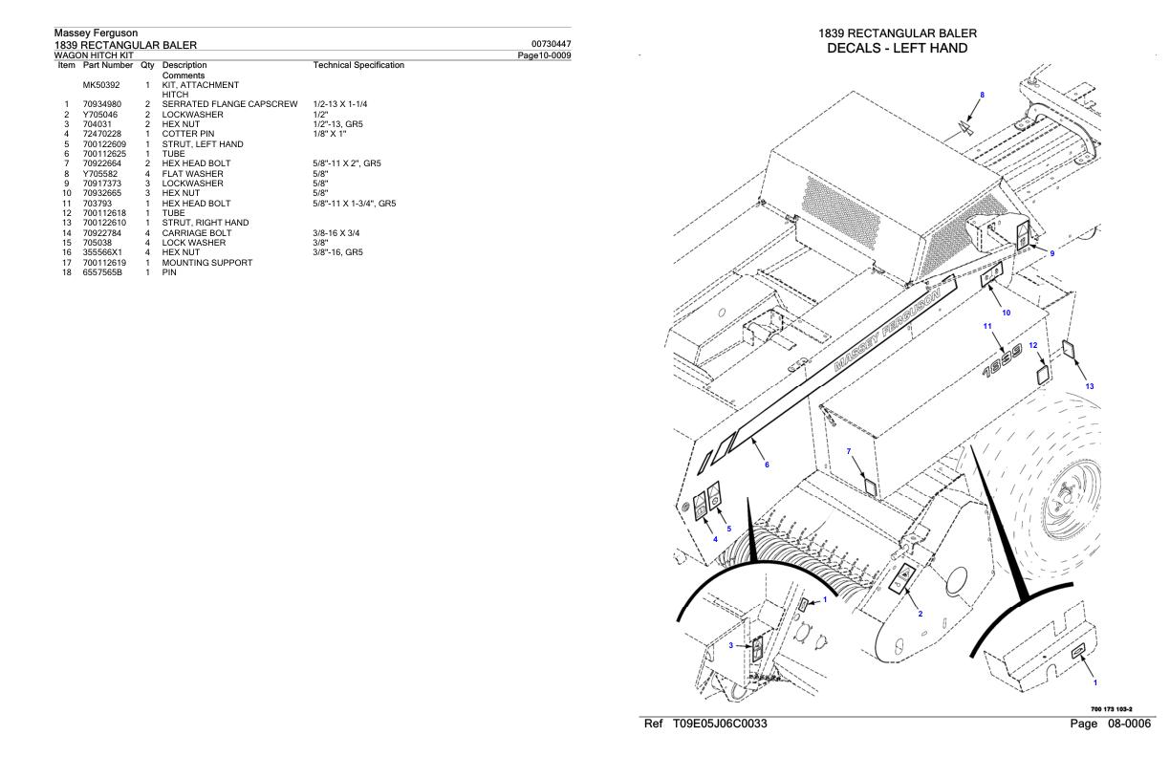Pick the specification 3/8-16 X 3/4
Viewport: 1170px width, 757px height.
341,233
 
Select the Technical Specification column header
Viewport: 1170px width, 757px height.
358,65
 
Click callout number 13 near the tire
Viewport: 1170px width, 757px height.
1089,386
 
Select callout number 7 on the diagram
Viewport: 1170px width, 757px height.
848,450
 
